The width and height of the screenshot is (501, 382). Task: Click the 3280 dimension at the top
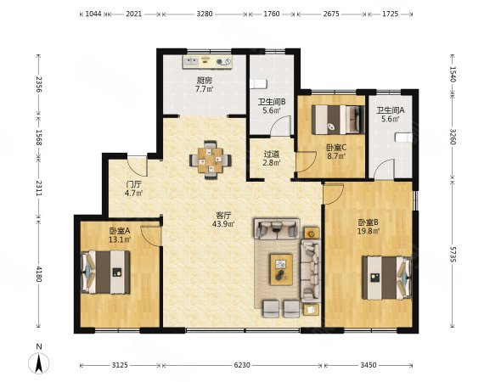(204, 14)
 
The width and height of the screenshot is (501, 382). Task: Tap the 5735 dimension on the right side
(453, 254)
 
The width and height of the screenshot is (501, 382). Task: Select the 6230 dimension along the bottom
(242, 365)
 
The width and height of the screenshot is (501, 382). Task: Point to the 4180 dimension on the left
(38, 273)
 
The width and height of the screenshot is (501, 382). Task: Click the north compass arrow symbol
(39, 363)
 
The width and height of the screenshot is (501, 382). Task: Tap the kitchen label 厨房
(204, 81)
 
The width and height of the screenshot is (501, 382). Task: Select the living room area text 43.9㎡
(223, 224)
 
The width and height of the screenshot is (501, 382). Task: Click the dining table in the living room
(210, 160)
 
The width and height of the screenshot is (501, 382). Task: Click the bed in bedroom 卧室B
(386, 278)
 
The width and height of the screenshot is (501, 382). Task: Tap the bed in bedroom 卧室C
(338, 120)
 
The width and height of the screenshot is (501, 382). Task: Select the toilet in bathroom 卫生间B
(258, 84)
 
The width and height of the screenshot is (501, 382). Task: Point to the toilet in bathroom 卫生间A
(403, 138)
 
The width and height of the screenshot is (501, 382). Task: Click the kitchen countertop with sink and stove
(207, 62)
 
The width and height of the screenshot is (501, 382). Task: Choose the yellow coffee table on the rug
(281, 269)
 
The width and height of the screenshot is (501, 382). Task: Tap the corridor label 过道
(271, 154)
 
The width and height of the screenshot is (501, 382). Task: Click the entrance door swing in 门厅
(138, 166)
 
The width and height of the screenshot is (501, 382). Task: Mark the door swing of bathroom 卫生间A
(384, 169)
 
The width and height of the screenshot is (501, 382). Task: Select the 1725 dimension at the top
(390, 14)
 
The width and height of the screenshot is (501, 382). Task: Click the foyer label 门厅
(133, 184)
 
